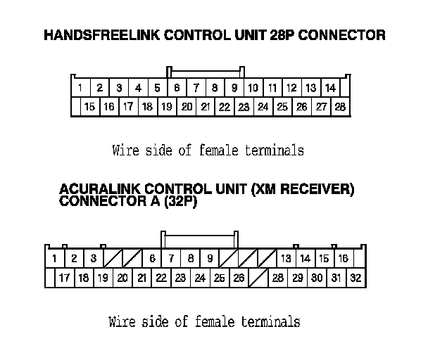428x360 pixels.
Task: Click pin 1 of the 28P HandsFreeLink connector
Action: [x=81, y=88]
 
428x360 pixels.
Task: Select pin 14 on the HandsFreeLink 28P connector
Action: [x=329, y=88]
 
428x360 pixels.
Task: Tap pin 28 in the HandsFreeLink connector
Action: [x=340, y=107]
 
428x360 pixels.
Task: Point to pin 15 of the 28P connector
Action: [x=89, y=107]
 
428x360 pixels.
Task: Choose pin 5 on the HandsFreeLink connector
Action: [x=157, y=88]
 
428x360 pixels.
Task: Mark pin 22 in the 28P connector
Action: [x=224, y=107]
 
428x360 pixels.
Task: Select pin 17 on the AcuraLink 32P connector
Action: [x=64, y=278]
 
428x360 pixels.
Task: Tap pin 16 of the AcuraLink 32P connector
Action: [x=343, y=258]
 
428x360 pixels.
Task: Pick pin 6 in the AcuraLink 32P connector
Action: [x=152, y=258]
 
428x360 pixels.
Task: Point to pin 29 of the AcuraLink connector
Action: [x=297, y=278]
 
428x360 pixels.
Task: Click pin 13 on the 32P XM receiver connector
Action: [x=286, y=258]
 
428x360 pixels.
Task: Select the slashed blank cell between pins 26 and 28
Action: [x=258, y=278]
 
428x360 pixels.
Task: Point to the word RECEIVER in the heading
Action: [x=314, y=189]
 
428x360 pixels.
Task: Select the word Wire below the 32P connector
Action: [x=122, y=322]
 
